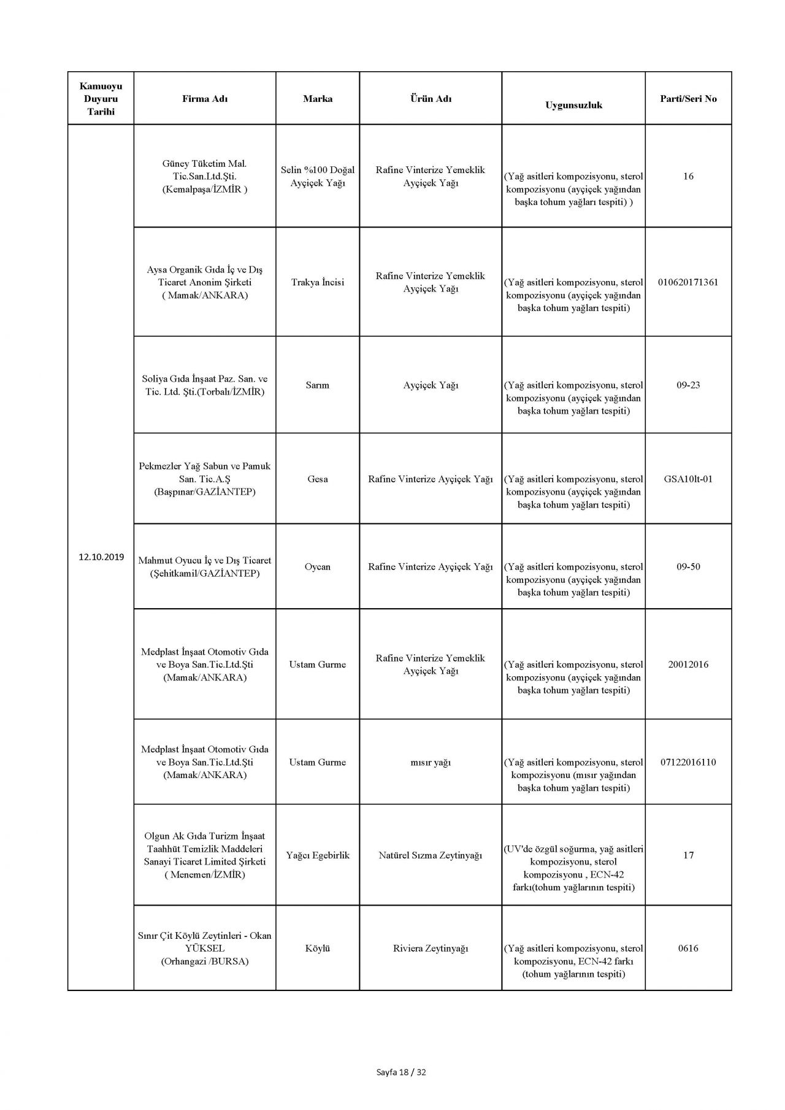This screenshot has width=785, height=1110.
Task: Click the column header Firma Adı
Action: click(205, 99)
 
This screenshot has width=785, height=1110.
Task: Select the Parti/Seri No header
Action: click(688, 99)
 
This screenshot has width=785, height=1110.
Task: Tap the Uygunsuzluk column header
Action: click(573, 105)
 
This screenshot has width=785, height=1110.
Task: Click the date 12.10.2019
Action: click(101, 557)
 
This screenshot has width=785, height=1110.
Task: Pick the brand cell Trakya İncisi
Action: click(317, 282)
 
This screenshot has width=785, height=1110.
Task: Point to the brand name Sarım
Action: click(317, 385)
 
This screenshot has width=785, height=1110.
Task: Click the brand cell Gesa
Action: click(317, 479)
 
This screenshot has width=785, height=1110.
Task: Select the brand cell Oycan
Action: click(317, 567)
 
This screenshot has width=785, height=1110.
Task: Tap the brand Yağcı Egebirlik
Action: click(317, 855)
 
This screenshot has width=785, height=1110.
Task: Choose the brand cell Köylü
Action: click(317, 949)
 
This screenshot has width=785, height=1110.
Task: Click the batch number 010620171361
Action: click(688, 282)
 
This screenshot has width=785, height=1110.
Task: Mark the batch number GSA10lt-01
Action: click(688, 479)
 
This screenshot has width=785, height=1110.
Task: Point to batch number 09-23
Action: click(688, 385)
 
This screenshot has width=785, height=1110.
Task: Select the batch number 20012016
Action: click(688, 665)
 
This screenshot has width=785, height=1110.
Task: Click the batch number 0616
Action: click(688, 949)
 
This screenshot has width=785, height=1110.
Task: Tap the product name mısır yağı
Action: click(431, 763)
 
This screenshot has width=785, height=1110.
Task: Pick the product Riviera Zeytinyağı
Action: click(431, 949)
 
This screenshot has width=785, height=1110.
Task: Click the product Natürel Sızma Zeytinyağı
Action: click(431, 855)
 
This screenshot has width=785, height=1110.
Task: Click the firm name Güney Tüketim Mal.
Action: click(205, 164)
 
